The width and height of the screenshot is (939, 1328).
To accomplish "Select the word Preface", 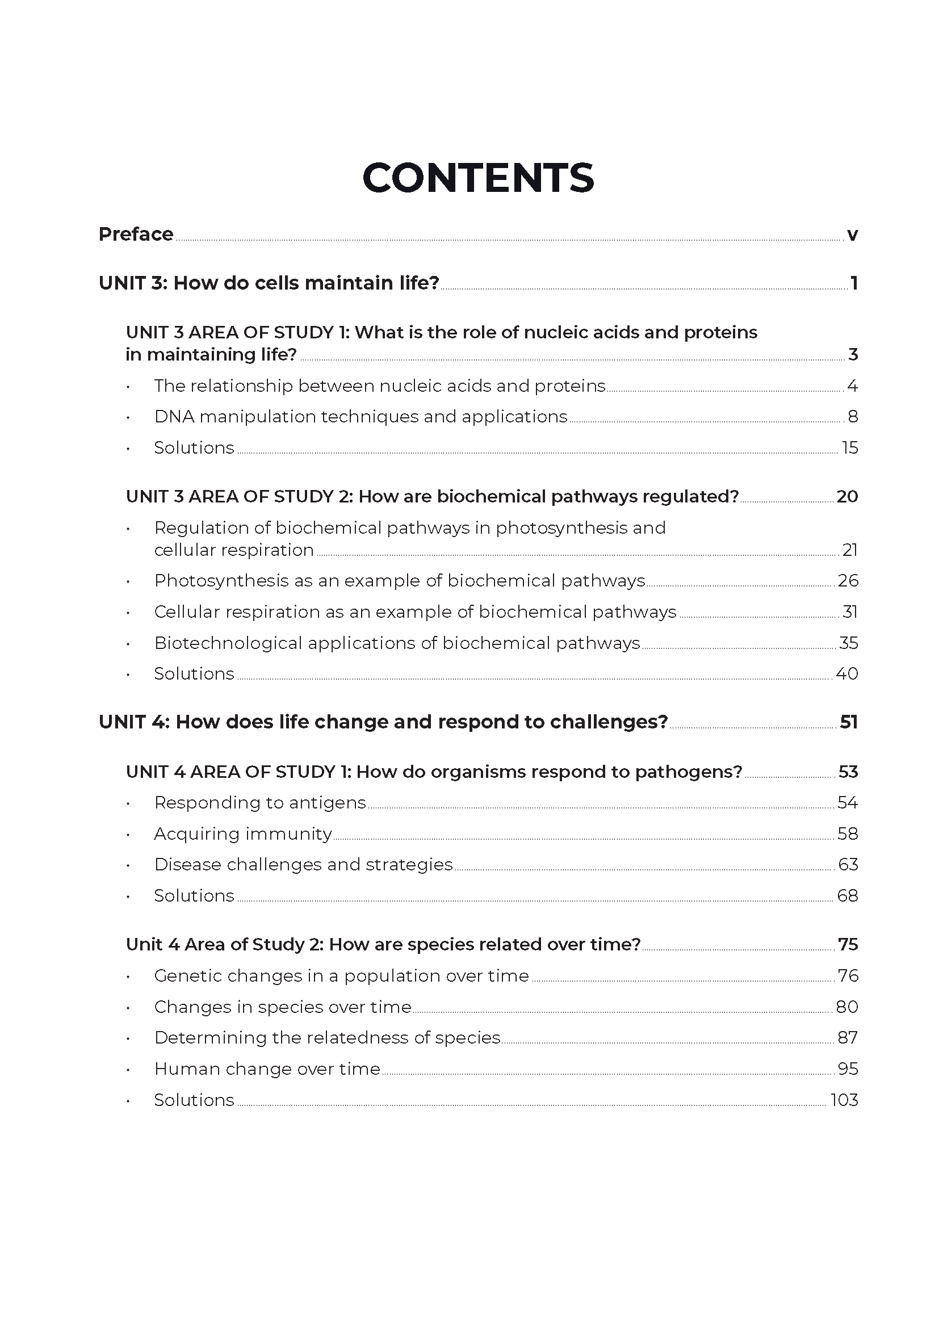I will tap(136, 234).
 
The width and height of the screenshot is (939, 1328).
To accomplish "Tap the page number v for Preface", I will tap(852, 235).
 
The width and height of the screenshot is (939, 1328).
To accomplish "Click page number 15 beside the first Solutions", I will tap(850, 447).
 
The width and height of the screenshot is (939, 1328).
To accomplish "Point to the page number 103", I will tap(844, 1100).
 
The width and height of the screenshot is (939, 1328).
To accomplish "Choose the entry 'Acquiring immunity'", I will tap(243, 833).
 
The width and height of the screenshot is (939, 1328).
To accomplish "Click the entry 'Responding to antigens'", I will tap(259, 802).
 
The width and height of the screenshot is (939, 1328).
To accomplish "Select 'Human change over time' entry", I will tap(267, 1069).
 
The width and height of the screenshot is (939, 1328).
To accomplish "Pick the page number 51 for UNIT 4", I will tap(848, 722).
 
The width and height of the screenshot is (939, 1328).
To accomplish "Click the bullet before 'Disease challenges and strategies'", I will tap(128, 866).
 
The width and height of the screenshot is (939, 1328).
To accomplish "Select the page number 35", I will tap(848, 643).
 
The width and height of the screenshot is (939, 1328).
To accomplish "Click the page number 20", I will tap(847, 496).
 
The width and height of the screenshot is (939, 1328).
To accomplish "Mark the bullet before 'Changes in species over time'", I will tap(128, 1008).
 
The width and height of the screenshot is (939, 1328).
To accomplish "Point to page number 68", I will tap(848, 895).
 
